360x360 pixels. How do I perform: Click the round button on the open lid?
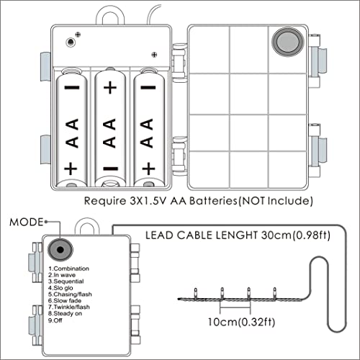(x=287, y=42)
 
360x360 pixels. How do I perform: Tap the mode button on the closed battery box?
(x=60, y=250)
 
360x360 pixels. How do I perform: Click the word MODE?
(x=27, y=222)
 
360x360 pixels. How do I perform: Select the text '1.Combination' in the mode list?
(x=68, y=269)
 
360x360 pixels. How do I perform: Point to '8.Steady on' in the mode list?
(x=65, y=313)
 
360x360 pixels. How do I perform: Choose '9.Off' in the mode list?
(x=55, y=320)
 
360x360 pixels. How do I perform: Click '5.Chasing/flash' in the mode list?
(x=70, y=294)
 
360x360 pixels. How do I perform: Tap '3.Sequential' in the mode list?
(x=66, y=282)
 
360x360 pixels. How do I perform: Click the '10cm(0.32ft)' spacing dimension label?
(x=241, y=322)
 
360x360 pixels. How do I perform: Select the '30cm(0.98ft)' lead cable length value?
(x=296, y=235)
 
